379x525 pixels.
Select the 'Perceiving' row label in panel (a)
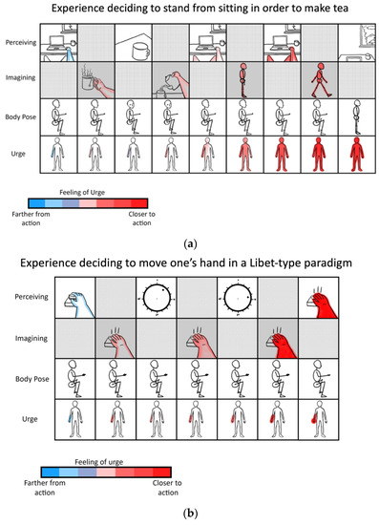pos(20,44)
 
